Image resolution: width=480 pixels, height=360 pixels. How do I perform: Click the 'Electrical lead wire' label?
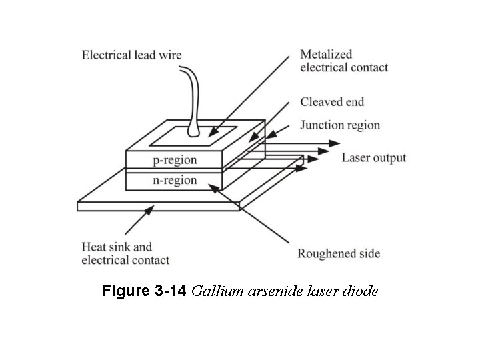tap(131, 55)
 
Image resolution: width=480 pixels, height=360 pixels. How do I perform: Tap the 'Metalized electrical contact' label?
tap(344, 61)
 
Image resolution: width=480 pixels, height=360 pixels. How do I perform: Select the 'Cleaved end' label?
tap(332, 102)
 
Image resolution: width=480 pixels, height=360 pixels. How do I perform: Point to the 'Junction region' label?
tap(340, 125)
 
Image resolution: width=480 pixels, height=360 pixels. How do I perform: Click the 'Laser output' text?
tap(373, 158)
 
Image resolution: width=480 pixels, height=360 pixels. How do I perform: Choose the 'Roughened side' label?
tap(339, 253)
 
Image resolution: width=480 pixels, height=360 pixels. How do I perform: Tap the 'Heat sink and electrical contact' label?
tap(125, 253)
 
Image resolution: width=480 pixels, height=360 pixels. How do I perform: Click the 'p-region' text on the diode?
tap(175, 160)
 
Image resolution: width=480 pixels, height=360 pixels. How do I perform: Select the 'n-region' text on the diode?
tap(175, 180)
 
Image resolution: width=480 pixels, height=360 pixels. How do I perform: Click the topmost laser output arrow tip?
tap(340, 143)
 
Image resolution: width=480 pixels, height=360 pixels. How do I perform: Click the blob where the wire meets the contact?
tap(193, 132)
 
